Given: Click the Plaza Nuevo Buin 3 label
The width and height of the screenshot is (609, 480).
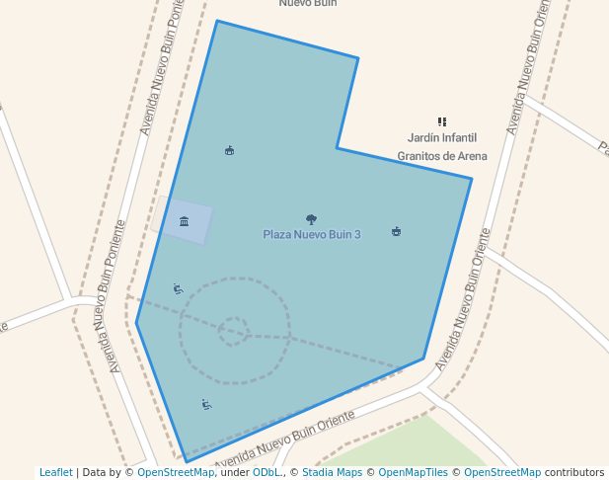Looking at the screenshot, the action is click(x=312, y=234).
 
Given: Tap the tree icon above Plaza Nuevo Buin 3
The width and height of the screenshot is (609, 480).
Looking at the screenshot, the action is click(x=312, y=219).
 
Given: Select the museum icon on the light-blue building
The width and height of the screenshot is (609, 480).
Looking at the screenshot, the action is click(x=184, y=221).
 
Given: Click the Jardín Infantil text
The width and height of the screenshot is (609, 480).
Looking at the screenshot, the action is click(x=442, y=138).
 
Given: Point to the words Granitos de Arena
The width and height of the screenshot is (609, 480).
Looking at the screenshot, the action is click(x=442, y=156).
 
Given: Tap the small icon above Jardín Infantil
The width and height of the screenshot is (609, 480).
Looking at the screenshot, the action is click(x=442, y=121).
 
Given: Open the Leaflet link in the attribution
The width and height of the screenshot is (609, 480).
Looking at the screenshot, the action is click(x=55, y=472).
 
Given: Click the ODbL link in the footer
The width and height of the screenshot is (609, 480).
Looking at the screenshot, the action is click(x=266, y=472).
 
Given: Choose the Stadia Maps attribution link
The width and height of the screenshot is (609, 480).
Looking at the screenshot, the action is click(x=329, y=472).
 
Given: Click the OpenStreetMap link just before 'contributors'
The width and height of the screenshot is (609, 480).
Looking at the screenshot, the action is click(x=502, y=472).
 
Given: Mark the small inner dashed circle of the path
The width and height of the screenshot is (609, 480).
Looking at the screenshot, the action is click(x=234, y=331).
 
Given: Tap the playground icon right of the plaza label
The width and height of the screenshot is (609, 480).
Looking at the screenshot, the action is click(x=396, y=232).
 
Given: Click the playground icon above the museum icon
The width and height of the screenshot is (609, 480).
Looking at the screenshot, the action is click(x=229, y=150).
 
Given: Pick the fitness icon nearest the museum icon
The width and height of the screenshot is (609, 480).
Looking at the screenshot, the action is click(x=178, y=288).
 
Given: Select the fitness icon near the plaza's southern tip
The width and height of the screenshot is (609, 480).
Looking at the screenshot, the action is click(x=206, y=404).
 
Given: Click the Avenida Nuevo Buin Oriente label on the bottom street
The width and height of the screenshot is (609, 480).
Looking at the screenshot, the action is click(x=284, y=441).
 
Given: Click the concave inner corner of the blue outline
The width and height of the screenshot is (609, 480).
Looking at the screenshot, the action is click(x=338, y=148).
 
